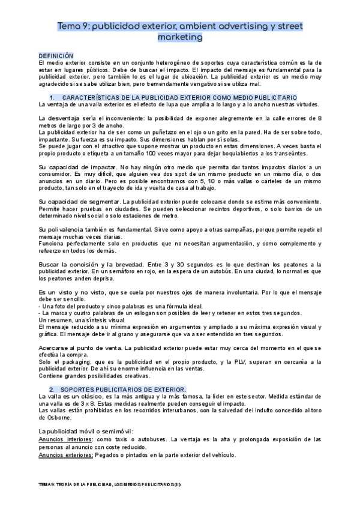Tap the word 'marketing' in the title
(x=179, y=37)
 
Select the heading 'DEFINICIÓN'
(x=55, y=55)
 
